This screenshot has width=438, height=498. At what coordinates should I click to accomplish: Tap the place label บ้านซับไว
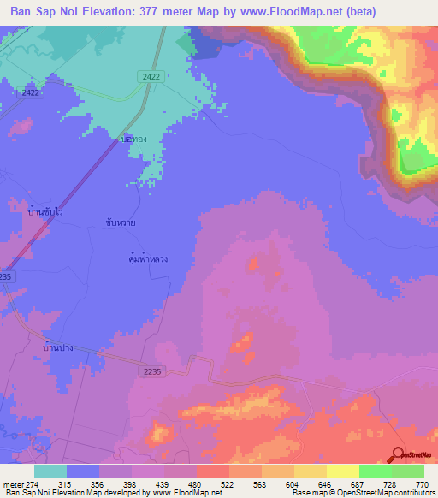[45, 210]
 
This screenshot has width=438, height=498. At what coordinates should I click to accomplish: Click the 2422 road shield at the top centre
[150, 77]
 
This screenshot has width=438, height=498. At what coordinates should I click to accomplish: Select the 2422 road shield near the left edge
[32, 92]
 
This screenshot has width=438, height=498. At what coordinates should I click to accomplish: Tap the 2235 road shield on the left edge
[7, 276]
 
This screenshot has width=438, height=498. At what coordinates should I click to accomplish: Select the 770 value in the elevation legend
[421, 483]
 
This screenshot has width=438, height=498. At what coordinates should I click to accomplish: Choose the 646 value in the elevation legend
[297, 483]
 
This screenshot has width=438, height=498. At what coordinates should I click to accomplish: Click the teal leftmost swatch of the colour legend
[50, 471]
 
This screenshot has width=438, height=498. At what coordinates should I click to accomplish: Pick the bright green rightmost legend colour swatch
[408, 471]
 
